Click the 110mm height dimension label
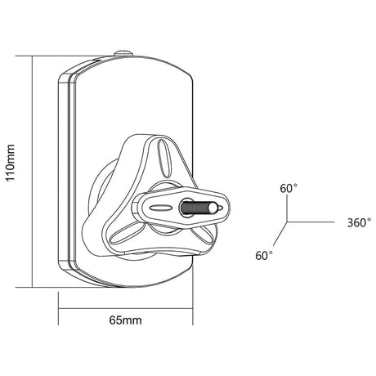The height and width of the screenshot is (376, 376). (10, 163)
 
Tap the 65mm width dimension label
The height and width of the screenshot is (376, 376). (126, 320)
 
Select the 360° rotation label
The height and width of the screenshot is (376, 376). (359, 222)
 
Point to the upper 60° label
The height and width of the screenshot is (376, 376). (289, 188)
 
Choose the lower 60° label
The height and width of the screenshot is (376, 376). (264, 256)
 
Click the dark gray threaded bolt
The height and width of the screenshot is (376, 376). (195, 208)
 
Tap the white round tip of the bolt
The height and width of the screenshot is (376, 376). (213, 208)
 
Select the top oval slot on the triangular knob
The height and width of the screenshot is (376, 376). (164, 158)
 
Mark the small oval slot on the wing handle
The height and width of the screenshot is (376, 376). (161, 208)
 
